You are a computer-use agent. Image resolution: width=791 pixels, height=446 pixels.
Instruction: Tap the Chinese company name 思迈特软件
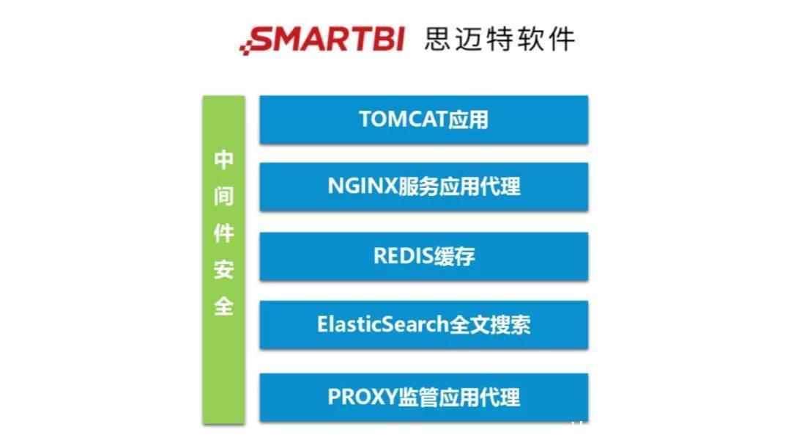click(500, 39)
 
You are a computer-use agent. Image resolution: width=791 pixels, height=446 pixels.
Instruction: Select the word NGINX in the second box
click(362, 187)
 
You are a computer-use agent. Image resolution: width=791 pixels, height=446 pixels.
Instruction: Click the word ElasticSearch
click(371, 325)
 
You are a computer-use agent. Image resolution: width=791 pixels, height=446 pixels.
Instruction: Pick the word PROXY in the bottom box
click(363, 397)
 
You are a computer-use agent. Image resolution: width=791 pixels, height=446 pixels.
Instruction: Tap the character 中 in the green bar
click(223, 161)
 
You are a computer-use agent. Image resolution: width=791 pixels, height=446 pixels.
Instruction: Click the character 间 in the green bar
click(223, 197)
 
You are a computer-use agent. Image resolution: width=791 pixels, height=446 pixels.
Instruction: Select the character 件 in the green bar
click(223, 233)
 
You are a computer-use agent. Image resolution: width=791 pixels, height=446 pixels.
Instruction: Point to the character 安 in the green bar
click(223, 269)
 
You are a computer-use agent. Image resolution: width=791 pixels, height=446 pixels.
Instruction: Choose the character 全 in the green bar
click(223, 305)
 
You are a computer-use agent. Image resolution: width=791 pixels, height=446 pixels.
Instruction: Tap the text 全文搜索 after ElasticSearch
click(489, 325)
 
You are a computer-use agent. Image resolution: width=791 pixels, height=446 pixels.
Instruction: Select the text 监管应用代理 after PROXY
click(459, 397)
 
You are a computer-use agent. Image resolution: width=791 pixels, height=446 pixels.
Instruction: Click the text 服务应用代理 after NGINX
click(459, 187)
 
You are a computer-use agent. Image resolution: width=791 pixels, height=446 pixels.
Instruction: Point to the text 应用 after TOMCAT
click(468, 120)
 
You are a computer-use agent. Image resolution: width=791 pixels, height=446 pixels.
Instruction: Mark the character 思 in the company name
click(438, 39)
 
